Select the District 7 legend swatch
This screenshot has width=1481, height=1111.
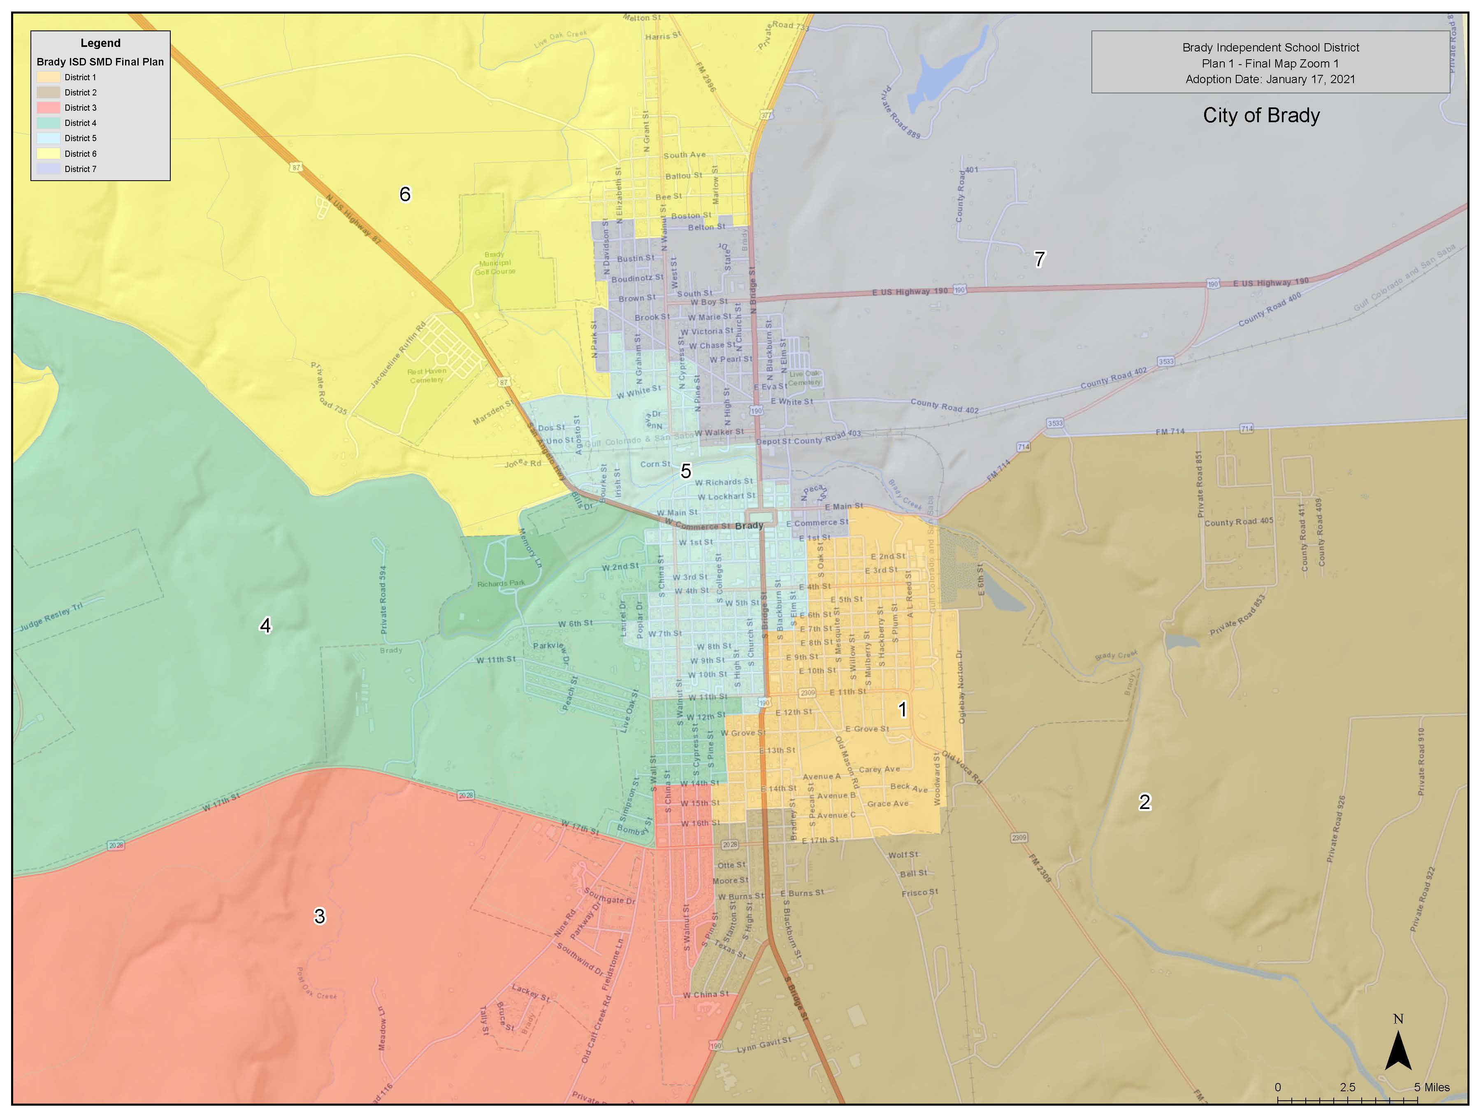pos(48,169)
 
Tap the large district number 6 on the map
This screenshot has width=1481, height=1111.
pos(405,194)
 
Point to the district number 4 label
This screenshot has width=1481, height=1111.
pos(265,625)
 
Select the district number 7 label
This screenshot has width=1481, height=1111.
pos(1039,259)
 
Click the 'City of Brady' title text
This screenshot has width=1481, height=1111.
pos(1261,115)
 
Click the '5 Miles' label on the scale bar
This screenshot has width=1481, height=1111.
pos(1432,1087)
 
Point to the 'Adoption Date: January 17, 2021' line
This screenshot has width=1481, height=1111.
pos(1270,79)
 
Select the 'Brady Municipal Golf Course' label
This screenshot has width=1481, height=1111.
pos(495,263)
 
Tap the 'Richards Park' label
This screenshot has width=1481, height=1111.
pos(501,583)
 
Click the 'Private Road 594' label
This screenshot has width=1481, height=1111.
pos(383,600)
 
